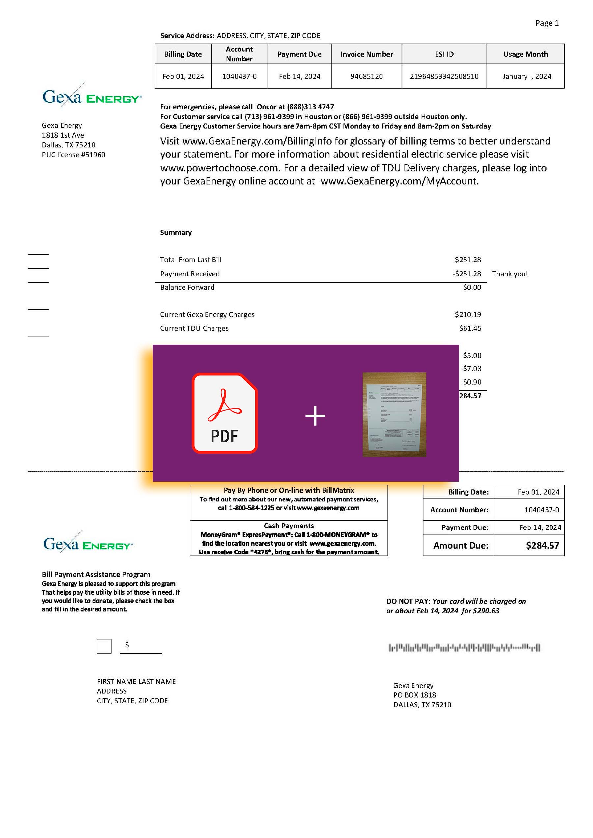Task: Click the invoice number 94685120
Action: point(366,76)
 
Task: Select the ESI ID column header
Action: point(444,54)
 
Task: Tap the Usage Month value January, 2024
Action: point(526,76)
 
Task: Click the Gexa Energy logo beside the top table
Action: point(92,95)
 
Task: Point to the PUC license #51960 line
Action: point(73,155)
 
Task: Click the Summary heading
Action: point(176,232)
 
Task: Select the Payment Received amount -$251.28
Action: point(467,274)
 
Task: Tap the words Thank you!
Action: point(510,274)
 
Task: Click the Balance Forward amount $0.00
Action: point(472,287)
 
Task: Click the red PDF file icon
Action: point(225,413)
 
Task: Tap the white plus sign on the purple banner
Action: point(315,416)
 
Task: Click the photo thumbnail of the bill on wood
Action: point(394,414)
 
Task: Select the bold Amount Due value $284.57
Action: point(542,545)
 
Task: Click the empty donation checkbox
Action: point(104,646)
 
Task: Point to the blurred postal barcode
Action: point(464,648)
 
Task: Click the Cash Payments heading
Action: point(289,526)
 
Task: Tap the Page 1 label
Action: point(547,23)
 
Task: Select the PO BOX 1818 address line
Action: point(414,695)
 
